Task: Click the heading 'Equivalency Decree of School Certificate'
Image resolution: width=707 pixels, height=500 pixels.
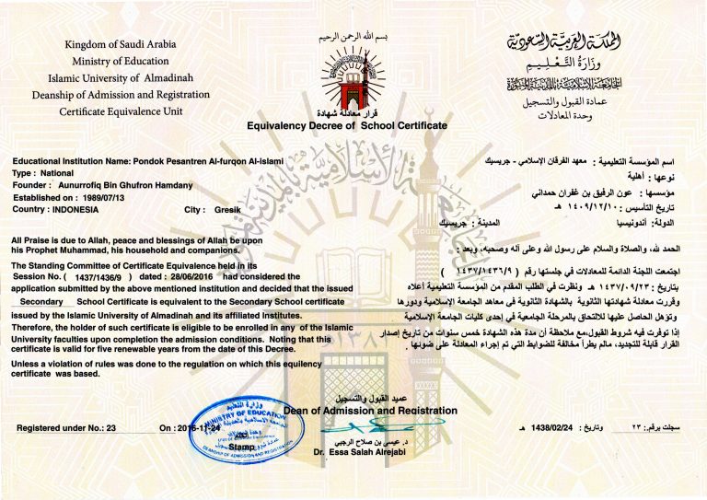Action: click(346, 124)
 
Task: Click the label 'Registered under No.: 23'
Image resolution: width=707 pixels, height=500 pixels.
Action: click(67, 428)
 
